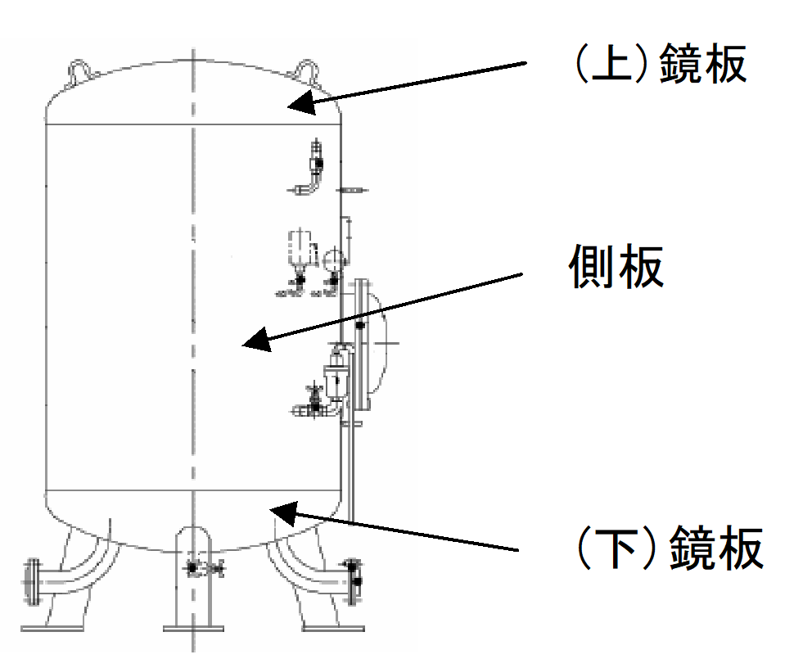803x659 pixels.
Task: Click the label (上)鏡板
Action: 658,65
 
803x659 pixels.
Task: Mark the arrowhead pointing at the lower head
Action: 282,512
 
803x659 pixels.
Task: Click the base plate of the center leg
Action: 193,629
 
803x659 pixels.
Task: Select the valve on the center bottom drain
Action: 194,567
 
